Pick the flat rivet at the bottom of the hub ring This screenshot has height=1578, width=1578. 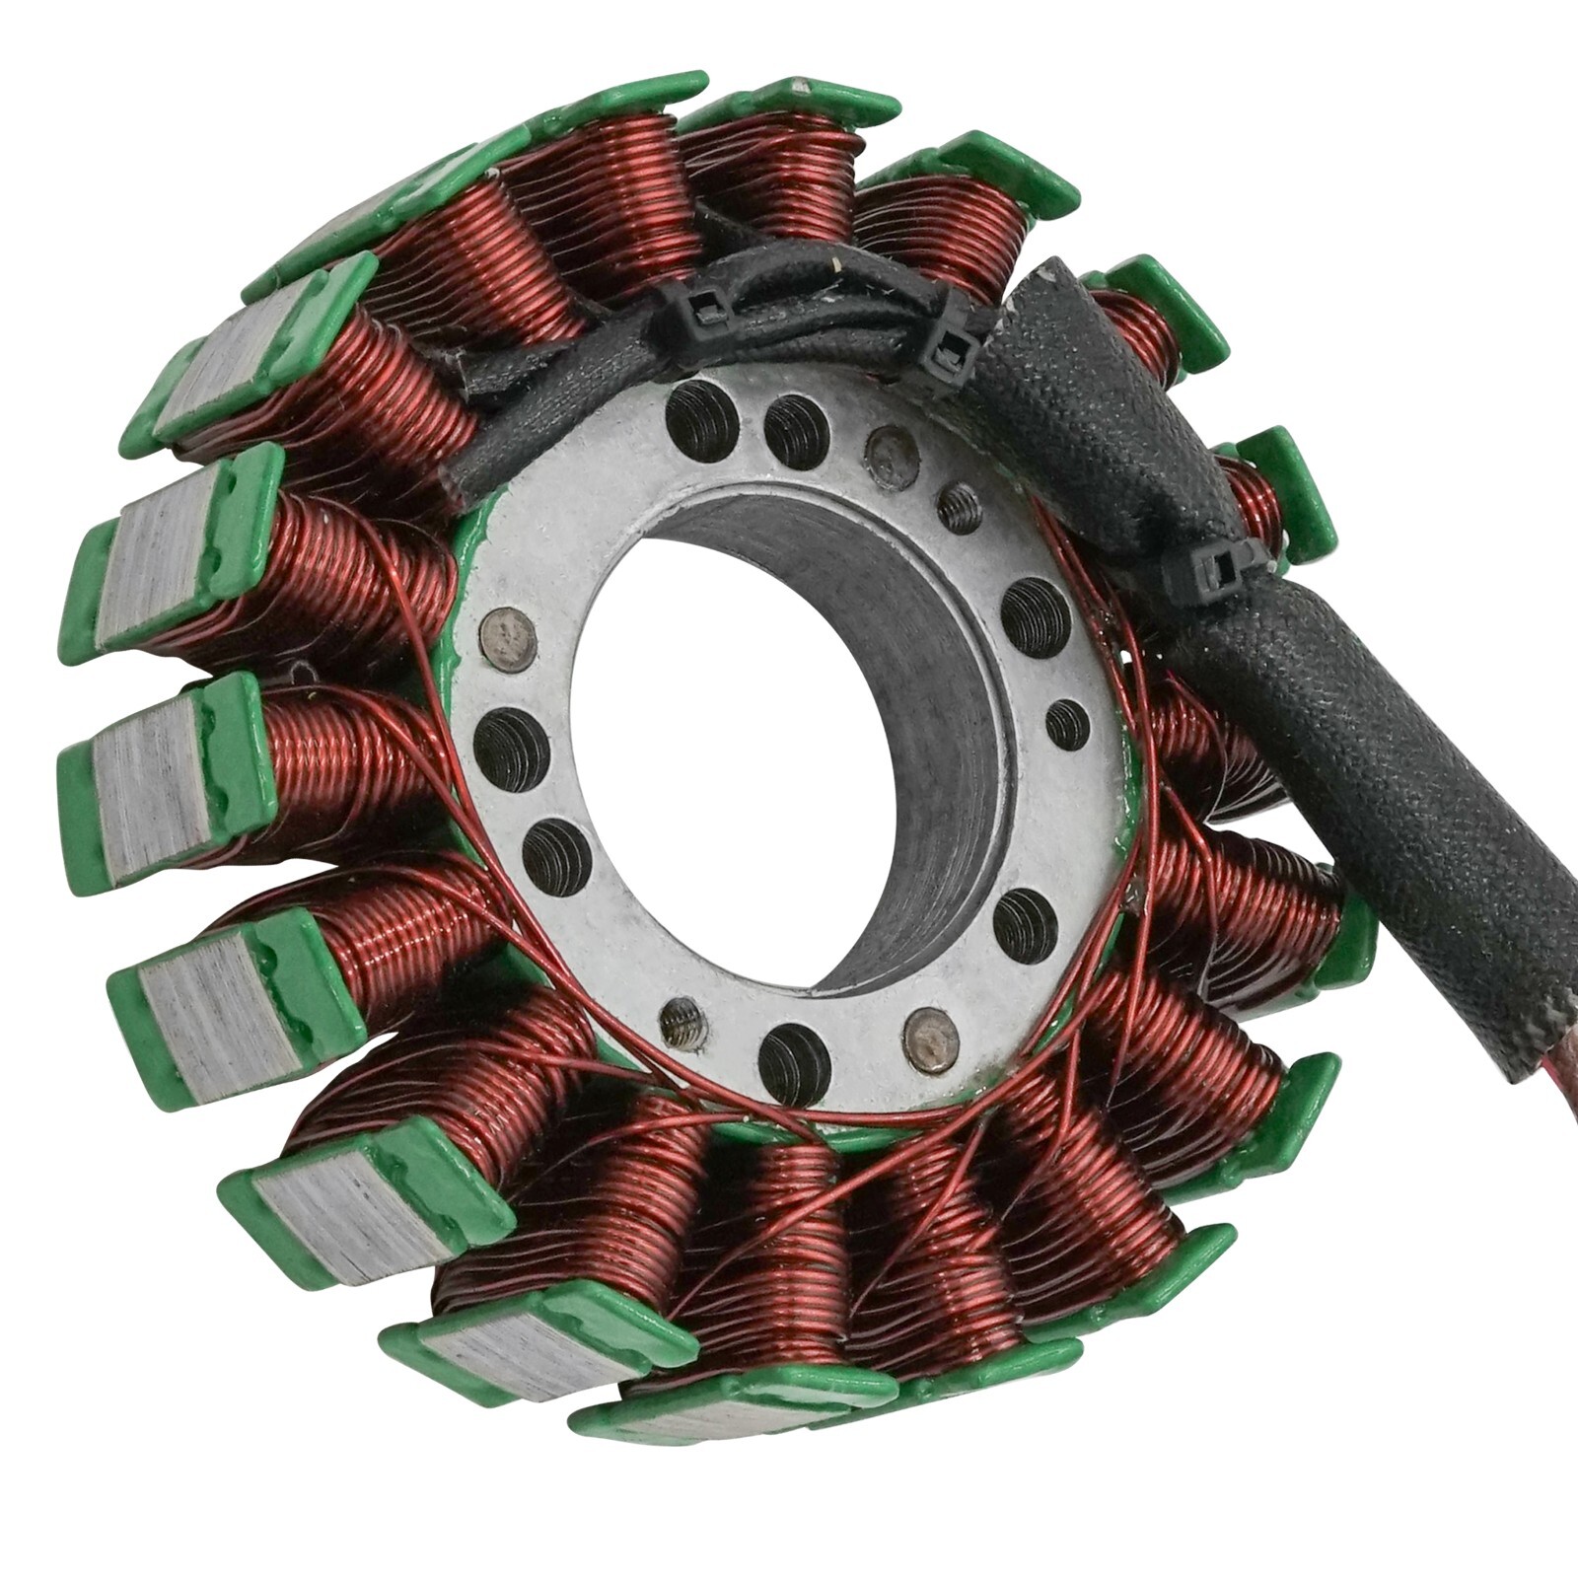[929, 1039]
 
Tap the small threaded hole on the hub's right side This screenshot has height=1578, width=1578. [1067, 723]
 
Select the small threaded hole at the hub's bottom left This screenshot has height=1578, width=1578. [683, 1023]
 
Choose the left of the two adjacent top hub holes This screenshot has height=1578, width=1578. [702, 420]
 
